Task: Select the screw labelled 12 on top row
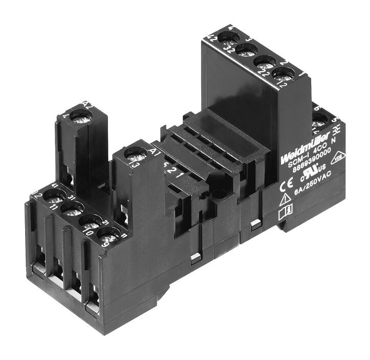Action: pos(283,74)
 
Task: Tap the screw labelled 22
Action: pos(265,62)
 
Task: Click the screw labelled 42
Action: pos(227,37)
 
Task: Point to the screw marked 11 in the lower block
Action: pos(72,208)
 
